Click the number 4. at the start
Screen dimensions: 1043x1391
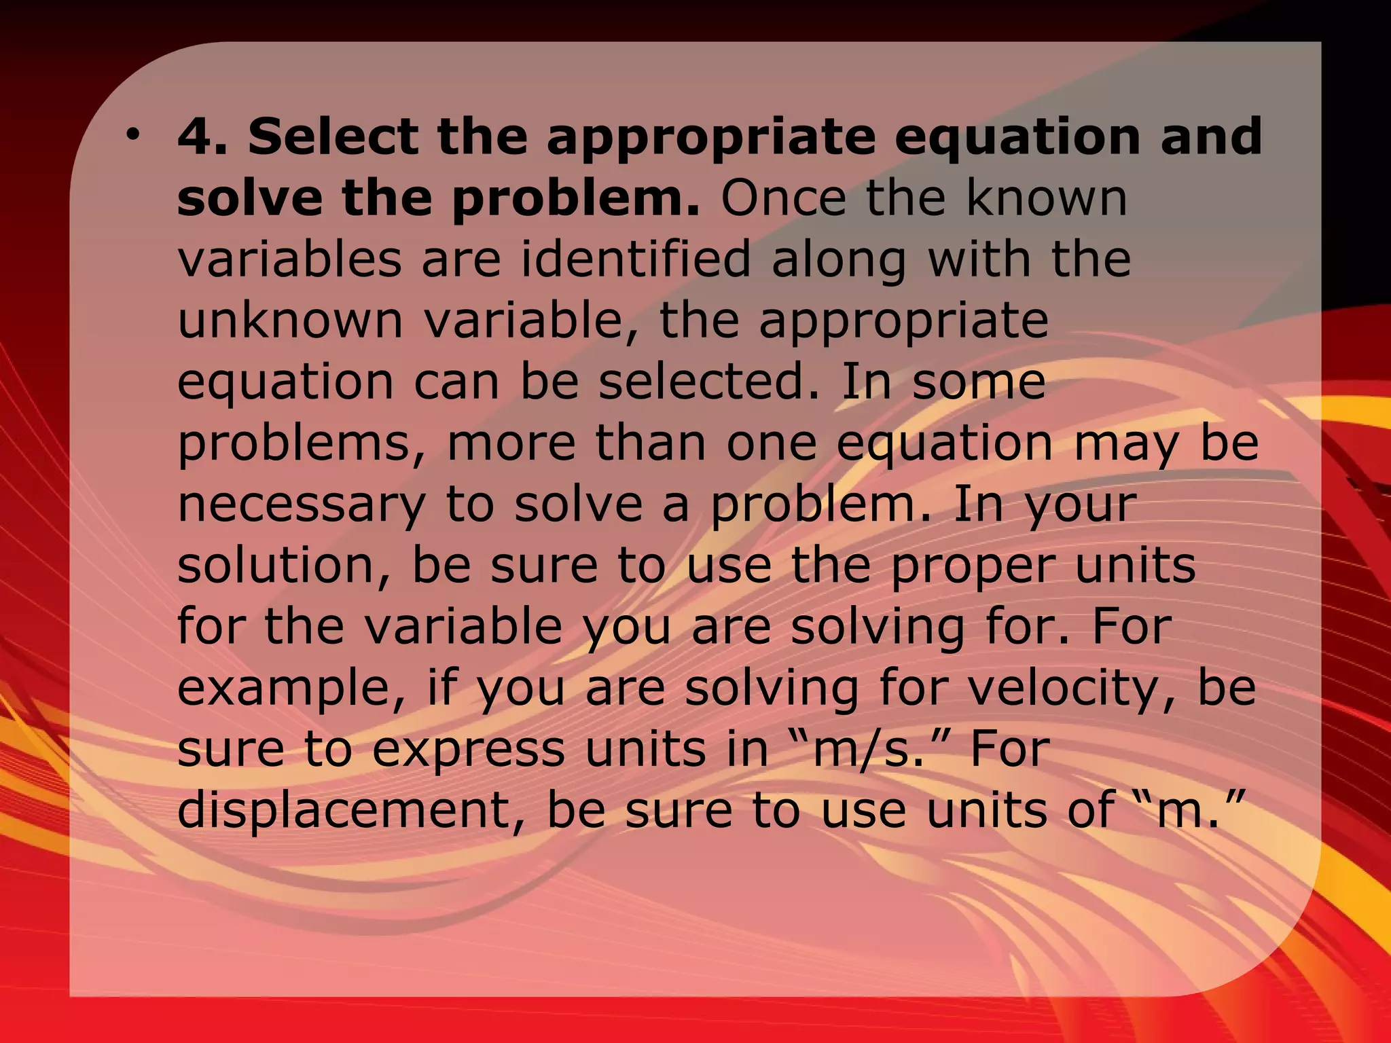202,136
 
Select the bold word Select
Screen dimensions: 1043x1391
333,136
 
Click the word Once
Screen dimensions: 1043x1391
783,198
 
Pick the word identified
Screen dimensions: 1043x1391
636,259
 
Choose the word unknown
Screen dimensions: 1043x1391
290,321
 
